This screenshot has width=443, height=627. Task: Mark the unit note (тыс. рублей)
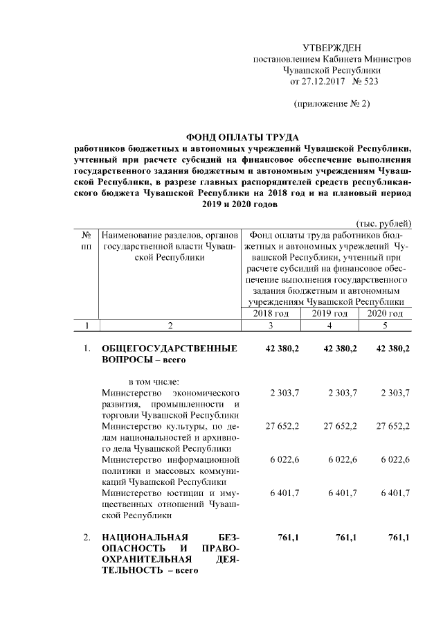pyautogui.click(x=383, y=223)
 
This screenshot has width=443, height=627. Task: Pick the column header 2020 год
pyautogui.click(x=386, y=314)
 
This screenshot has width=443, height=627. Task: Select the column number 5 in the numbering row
pyautogui.click(x=386, y=325)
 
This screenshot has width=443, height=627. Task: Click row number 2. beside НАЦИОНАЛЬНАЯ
pyautogui.click(x=87, y=538)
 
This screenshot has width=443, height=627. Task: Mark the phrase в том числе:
pyautogui.click(x=155, y=382)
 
